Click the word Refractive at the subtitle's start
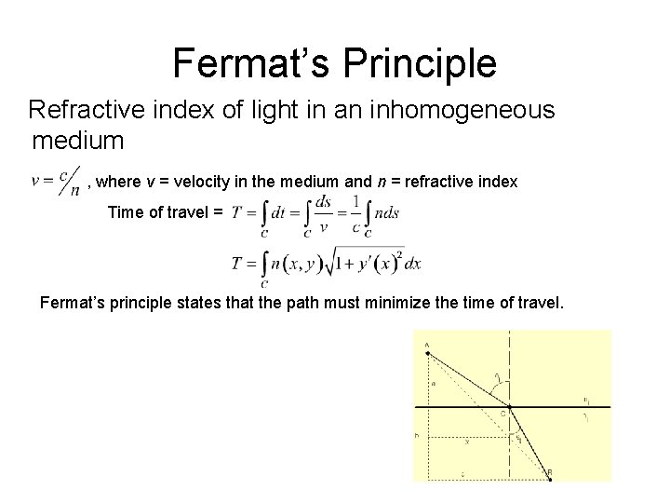point(80,110)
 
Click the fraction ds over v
point(323,212)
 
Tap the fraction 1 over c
point(355,212)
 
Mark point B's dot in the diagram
point(550,480)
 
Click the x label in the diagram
point(466,442)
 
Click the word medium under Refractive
point(78,142)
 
